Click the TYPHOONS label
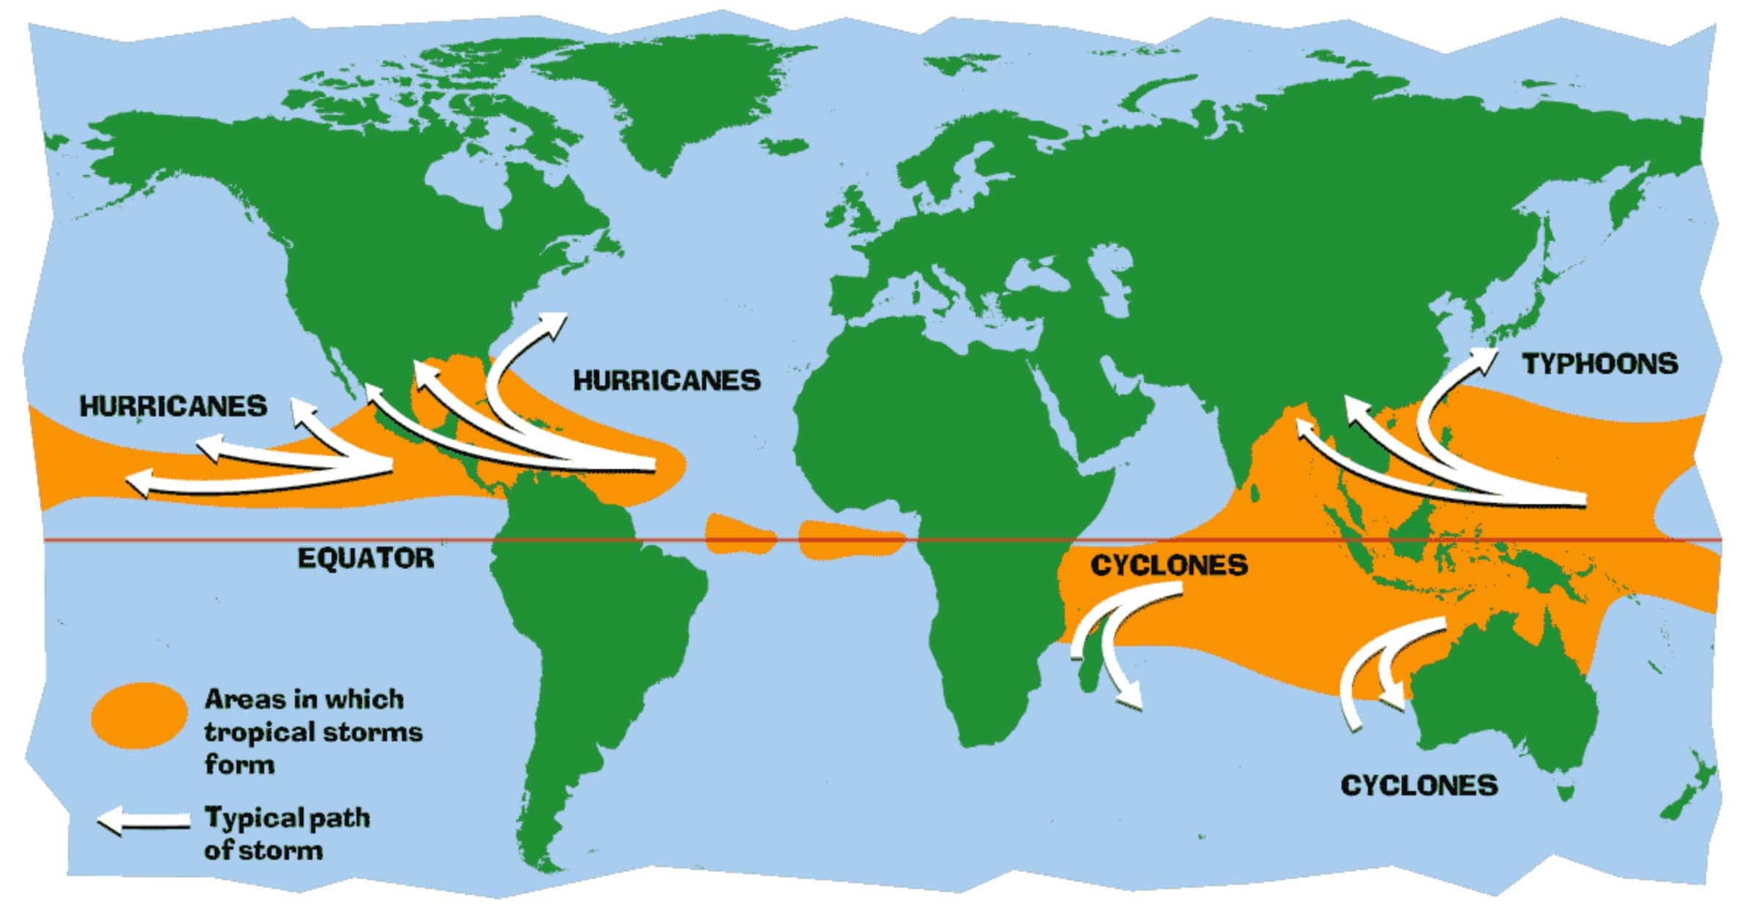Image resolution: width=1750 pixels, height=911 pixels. tap(1599, 364)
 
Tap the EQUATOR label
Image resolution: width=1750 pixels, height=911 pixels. tap(365, 558)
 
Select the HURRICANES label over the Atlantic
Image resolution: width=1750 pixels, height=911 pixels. tap(666, 380)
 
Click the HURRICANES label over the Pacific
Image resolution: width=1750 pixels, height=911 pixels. tap(173, 406)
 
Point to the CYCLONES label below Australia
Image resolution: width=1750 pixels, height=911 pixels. tap(1418, 785)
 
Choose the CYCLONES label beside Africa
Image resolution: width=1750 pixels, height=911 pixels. tap(1169, 565)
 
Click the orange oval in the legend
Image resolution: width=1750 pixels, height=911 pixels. tap(139, 715)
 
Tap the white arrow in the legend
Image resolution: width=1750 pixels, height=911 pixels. tap(143, 820)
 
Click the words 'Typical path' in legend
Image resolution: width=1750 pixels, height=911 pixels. tap(287, 817)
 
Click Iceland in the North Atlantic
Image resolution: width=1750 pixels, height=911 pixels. tap(783, 146)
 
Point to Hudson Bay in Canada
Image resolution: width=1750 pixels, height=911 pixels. tap(468, 183)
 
